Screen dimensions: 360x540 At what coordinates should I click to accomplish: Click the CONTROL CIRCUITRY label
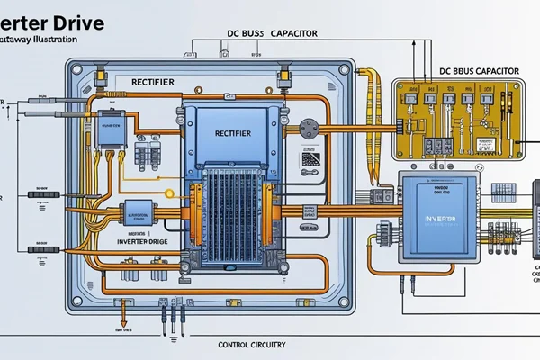coord(256,344)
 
